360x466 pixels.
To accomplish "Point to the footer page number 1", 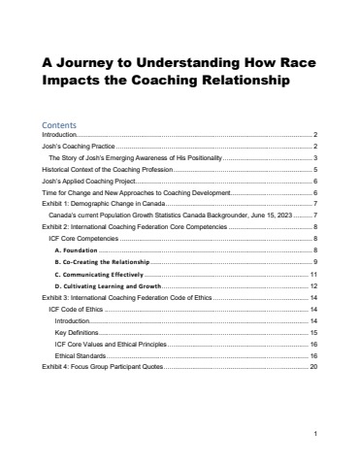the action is [316, 433].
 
